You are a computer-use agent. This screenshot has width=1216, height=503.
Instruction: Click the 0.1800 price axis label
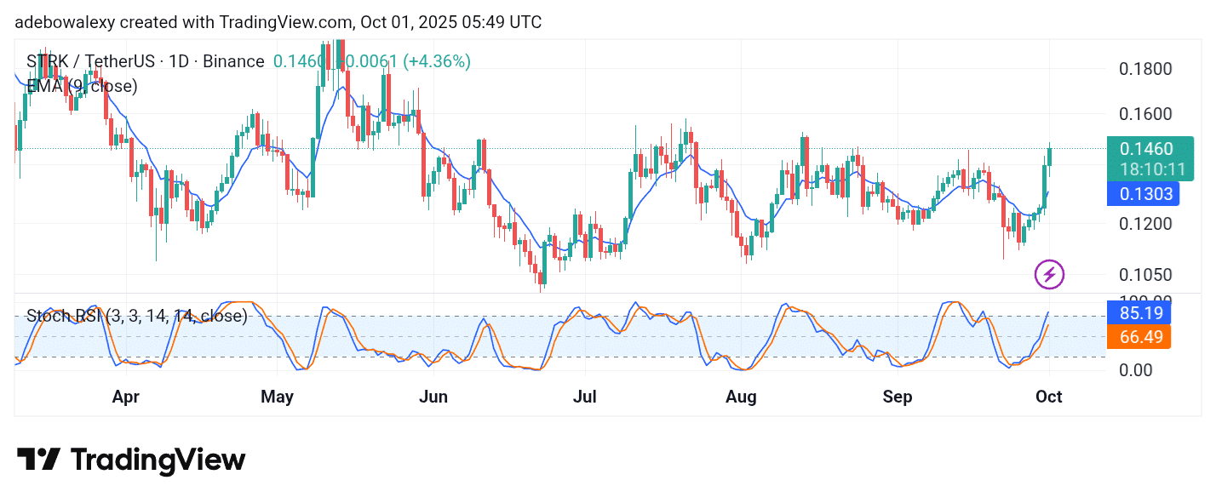[x=1144, y=69]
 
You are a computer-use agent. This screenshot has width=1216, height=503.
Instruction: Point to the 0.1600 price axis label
[x=1144, y=114]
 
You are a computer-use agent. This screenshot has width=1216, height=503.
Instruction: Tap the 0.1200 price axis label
[x=1144, y=224]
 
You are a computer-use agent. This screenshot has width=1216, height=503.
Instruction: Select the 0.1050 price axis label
[x=1144, y=275]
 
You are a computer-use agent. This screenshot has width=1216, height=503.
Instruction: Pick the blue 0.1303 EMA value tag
[x=1142, y=194]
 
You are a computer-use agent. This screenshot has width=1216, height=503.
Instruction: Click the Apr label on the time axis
[x=125, y=397]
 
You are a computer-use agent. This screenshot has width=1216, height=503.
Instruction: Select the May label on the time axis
[x=277, y=397]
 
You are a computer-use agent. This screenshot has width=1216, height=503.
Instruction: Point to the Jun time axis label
[x=433, y=397]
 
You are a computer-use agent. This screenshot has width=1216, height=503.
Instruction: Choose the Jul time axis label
[x=585, y=397]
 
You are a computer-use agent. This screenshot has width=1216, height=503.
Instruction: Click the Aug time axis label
[x=741, y=397]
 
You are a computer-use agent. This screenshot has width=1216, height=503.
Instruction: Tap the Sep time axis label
[x=898, y=397]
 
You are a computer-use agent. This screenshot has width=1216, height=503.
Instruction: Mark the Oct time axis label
[x=1049, y=397]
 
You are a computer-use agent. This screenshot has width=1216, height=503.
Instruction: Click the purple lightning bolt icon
[x=1049, y=275]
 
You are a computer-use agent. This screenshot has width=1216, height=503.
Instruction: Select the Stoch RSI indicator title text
[x=136, y=317]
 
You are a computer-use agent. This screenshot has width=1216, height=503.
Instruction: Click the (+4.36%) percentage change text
[x=437, y=61]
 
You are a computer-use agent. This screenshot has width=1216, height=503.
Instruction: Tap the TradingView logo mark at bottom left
[x=38, y=460]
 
